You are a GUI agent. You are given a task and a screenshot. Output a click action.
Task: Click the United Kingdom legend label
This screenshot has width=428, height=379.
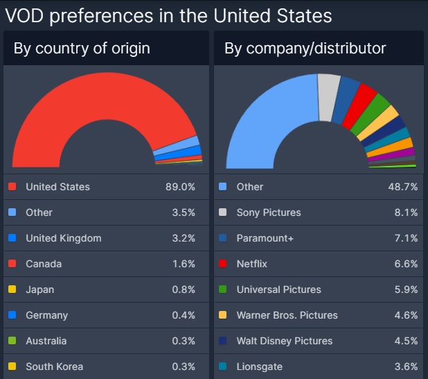point(64,238)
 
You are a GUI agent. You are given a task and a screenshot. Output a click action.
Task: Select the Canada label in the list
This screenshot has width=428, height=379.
point(44,264)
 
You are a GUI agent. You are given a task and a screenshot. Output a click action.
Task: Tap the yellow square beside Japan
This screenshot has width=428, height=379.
point(12,289)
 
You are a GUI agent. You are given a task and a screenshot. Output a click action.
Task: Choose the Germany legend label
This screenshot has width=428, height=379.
point(46,315)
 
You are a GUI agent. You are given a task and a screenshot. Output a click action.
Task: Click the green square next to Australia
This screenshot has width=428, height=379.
point(12,341)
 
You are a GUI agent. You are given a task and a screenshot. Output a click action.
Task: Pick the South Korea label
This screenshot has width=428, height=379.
point(54,367)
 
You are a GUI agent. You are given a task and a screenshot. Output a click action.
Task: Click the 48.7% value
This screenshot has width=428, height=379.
point(403,187)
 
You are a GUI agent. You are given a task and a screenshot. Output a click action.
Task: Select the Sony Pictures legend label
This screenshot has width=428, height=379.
point(269,212)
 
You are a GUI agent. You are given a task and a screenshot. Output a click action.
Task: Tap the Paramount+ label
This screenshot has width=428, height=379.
point(265,238)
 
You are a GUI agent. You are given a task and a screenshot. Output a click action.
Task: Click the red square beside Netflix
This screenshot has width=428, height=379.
point(222,264)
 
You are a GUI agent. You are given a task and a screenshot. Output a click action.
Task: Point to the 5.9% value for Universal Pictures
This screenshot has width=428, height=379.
point(406,289)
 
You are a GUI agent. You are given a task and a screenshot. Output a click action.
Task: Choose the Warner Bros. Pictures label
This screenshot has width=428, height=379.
point(287,315)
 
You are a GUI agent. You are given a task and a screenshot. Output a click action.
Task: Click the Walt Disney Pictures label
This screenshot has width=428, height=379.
point(284,341)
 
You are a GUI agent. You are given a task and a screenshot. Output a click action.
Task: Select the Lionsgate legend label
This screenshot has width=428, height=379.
point(259,367)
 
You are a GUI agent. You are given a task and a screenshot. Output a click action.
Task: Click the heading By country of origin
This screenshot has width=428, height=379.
point(81,49)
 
